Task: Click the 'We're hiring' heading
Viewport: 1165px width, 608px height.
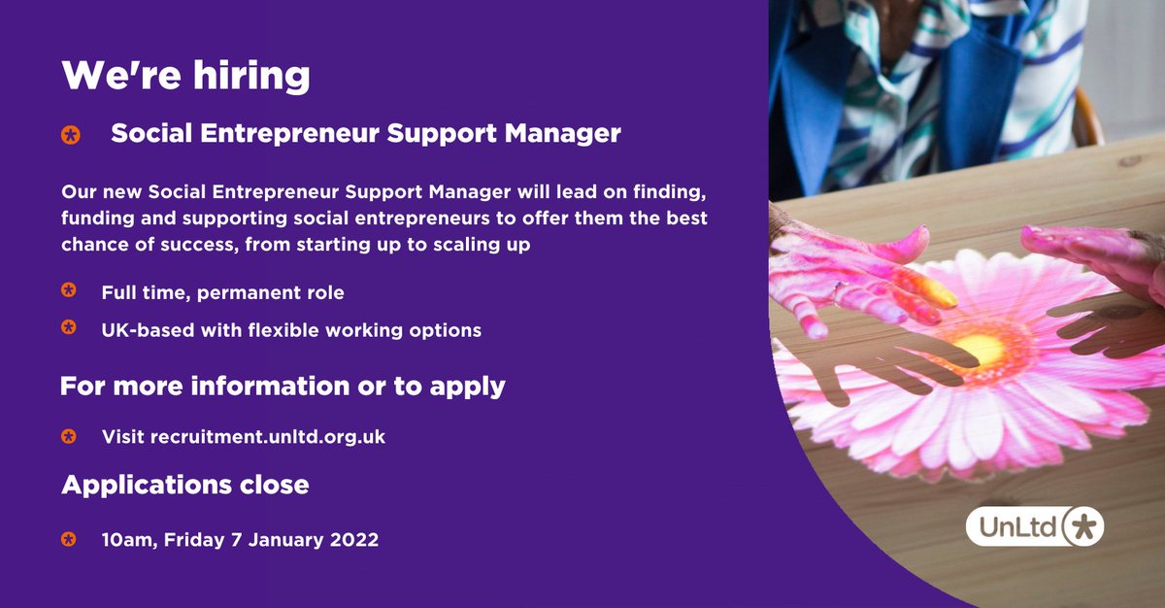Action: pyautogui.click(x=186, y=75)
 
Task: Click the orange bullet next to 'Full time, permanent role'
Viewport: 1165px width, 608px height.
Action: pyautogui.click(x=69, y=290)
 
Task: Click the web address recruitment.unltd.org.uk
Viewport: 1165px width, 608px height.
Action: pyautogui.click(x=267, y=437)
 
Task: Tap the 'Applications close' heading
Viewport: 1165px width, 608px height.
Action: pyautogui.click(x=184, y=484)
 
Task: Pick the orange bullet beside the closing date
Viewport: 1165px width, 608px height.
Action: pyautogui.click(x=69, y=538)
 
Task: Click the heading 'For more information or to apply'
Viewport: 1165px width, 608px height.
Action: pyautogui.click(x=283, y=386)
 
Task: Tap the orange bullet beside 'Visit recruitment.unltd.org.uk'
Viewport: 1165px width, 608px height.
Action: pyautogui.click(x=69, y=436)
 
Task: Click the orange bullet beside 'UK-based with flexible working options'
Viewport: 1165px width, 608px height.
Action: pyautogui.click(x=69, y=328)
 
